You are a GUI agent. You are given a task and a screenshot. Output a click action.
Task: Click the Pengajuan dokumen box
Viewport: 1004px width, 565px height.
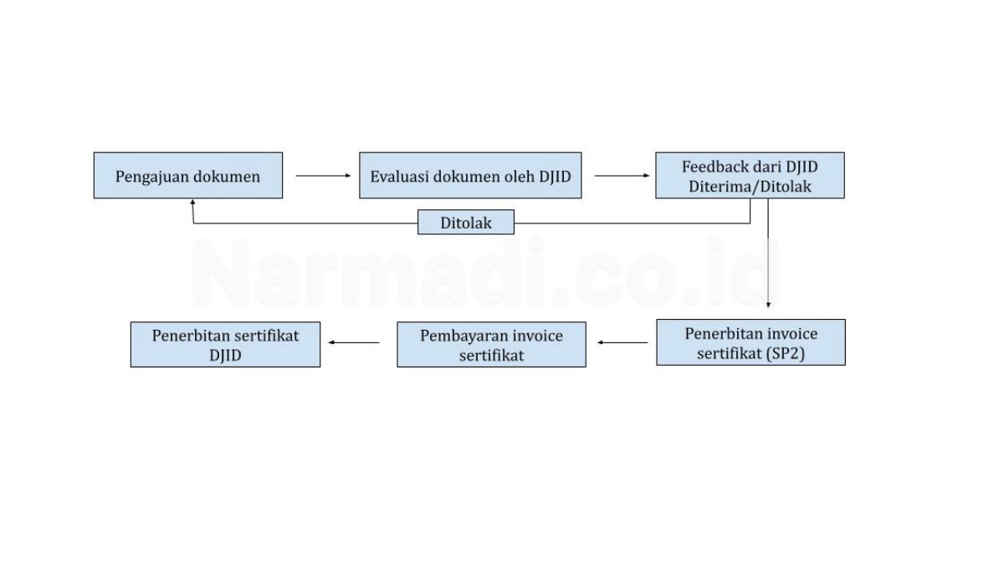[x=188, y=175]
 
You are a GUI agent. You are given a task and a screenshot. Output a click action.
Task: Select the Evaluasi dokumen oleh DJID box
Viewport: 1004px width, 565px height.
[x=470, y=175]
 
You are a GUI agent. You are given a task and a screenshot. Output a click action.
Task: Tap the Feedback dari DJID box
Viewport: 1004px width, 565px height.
[x=750, y=175]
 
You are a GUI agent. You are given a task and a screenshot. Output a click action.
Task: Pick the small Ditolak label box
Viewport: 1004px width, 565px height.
[x=466, y=222]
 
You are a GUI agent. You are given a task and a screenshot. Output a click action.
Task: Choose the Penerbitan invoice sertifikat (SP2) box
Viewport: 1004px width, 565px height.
[x=750, y=342]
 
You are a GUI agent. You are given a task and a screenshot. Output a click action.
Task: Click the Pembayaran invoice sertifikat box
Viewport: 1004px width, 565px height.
[x=491, y=344]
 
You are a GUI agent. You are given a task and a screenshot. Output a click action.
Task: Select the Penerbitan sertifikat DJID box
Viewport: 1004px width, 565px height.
[x=225, y=344]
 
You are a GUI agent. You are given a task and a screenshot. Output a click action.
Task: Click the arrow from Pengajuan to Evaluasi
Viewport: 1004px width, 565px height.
[x=323, y=176]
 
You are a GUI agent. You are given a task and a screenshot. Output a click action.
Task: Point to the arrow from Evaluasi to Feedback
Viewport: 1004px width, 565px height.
[x=622, y=176]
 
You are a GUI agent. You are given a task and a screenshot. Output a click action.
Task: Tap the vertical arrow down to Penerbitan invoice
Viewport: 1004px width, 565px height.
[x=768, y=254]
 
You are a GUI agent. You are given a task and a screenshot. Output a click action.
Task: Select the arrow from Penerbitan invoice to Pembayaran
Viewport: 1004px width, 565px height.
[x=622, y=342]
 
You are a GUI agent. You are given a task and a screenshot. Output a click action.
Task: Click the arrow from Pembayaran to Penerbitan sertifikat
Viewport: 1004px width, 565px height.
[x=354, y=342]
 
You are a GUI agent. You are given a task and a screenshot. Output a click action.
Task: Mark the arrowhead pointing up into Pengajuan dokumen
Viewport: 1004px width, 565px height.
[x=192, y=203]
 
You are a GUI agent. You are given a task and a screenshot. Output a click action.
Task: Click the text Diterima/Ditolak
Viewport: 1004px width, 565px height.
[x=750, y=187]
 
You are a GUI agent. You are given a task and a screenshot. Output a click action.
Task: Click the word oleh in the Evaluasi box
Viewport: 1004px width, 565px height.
[x=519, y=177]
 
